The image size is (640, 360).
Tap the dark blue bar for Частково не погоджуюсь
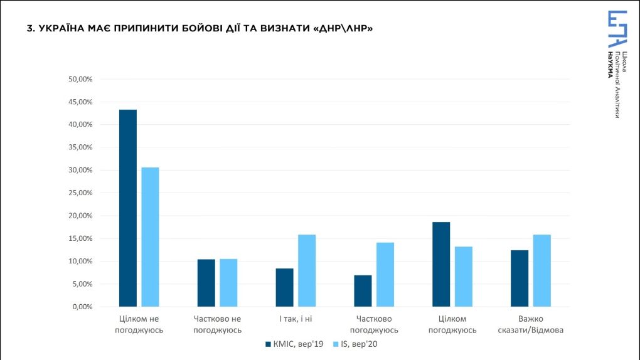[x=206, y=283]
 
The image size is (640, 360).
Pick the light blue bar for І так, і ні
[x=307, y=270]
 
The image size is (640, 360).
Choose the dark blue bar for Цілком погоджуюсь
[x=441, y=264]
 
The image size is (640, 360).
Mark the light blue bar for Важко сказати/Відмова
[x=542, y=270]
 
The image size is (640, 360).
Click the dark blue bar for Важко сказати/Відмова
[x=520, y=278]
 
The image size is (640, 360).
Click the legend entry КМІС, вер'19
[x=294, y=344]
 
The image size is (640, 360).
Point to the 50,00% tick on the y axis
[x=81, y=80]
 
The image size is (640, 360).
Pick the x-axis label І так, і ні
[x=296, y=319]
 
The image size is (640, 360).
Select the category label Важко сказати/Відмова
[x=531, y=324]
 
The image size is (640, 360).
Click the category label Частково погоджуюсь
[x=374, y=324]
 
